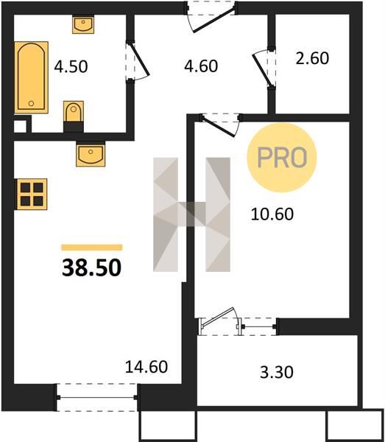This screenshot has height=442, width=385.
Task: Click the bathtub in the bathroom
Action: coord(31,77)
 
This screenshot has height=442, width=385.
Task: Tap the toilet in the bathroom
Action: coord(74,116)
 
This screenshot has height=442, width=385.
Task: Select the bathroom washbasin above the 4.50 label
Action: coord(83,25)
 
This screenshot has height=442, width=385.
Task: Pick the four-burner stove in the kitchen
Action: coord(31,194)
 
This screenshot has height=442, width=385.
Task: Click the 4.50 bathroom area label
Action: coord(71,67)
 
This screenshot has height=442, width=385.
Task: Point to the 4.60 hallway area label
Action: coord(201,66)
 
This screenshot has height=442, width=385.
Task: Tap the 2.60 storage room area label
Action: coord(312,58)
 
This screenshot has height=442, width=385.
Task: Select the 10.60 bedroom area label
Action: coord(272,214)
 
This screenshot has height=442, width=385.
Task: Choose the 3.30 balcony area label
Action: coord(277,372)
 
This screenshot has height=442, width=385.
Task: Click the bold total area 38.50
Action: coord(91,268)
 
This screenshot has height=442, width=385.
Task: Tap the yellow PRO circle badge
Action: coord(282,158)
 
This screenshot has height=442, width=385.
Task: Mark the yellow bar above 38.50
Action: coord(92,248)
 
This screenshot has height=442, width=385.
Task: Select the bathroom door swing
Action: coord(137,62)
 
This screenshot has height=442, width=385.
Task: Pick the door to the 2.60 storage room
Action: coord(264,69)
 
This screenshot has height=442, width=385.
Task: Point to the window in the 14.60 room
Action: coord(97,398)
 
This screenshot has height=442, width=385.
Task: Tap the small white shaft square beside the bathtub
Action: coord(20,127)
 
